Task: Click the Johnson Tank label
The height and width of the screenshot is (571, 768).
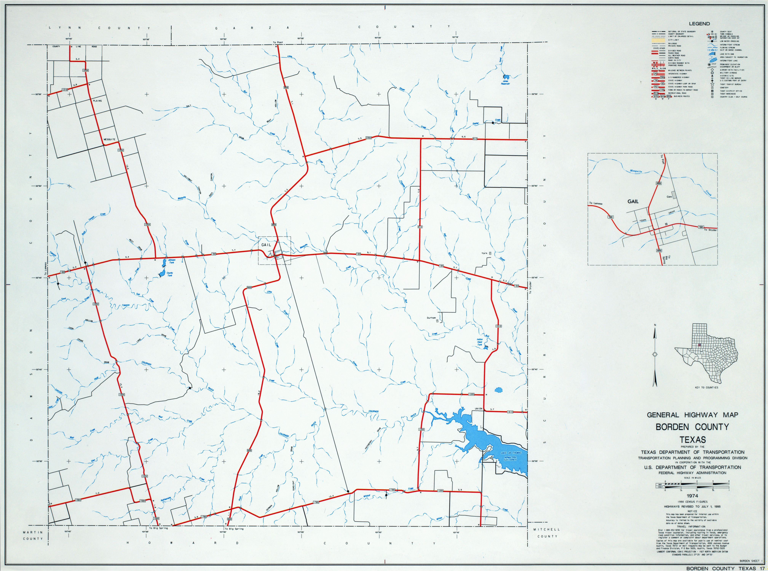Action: tap(171, 261)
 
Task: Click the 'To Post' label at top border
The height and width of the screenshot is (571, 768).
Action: tap(278, 42)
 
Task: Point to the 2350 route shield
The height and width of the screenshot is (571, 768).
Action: tap(368, 138)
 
